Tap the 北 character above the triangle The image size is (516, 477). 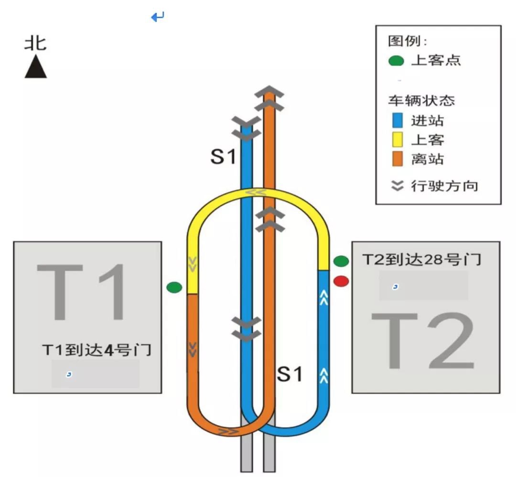click(x=35, y=43)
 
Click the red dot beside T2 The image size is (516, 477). click(x=341, y=281)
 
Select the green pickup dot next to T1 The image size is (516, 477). click(x=174, y=287)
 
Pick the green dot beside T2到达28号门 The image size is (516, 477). click(x=341, y=261)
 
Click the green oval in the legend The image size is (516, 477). click(x=396, y=61)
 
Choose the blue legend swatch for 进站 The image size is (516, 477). click(x=398, y=120)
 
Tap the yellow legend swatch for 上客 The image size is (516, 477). click(x=398, y=139)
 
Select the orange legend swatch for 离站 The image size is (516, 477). click(x=398, y=159)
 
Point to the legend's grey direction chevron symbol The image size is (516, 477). click(x=397, y=186)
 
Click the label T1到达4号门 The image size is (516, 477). click(x=97, y=350)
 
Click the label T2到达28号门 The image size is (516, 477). click(x=421, y=260)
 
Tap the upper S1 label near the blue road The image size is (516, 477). click(x=224, y=157)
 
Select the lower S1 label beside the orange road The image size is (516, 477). click(x=290, y=374)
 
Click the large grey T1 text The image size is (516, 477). click(x=81, y=292)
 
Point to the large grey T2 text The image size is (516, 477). click(x=422, y=341)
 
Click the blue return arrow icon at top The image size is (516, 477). click(x=158, y=16)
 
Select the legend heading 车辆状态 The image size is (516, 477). click(x=421, y=100)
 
